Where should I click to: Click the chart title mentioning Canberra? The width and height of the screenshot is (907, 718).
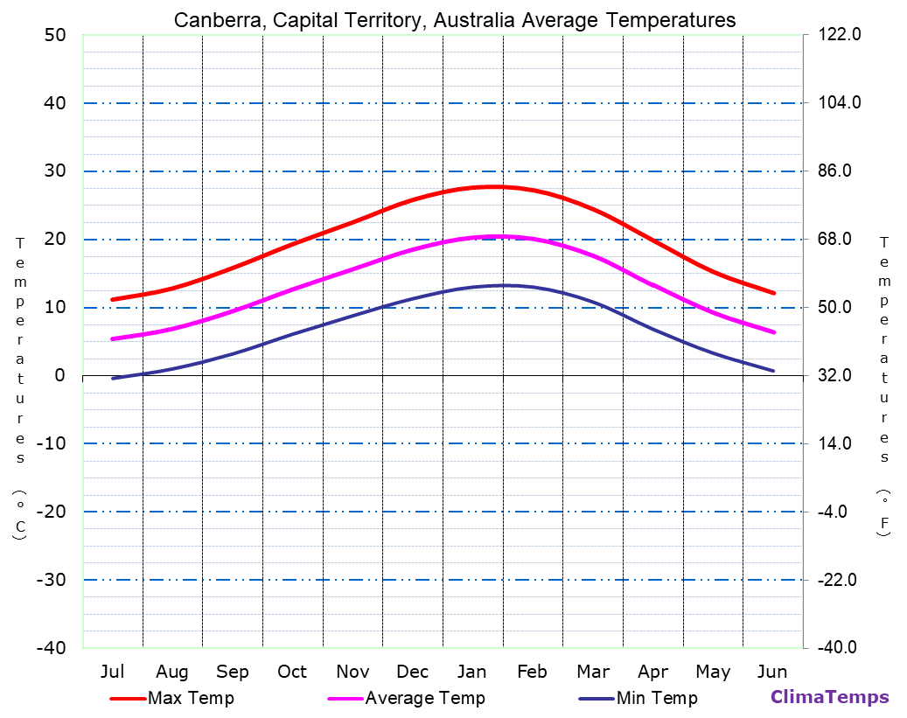click(x=454, y=20)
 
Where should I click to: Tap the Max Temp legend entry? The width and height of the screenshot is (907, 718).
click(x=191, y=698)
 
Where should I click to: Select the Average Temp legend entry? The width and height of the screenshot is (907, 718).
click(x=424, y=698)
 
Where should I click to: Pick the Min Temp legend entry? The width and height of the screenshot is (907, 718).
click(x=657, y=698)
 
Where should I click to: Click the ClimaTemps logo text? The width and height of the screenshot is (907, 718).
click(x=829, y=697)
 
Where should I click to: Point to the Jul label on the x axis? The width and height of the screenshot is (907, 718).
click(x=112, y=672)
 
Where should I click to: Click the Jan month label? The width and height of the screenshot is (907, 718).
click(x=472, y=672)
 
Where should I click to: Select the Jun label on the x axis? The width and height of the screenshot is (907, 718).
click(x=772, y=672)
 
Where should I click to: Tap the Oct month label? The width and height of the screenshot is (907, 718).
click(x=292, y=672)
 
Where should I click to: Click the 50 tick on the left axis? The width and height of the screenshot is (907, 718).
click(x=54, y=35)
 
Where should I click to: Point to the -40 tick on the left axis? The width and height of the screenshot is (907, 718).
click(x=49, y=647)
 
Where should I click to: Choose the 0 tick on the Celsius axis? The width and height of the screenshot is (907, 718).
click(x=59, y=375)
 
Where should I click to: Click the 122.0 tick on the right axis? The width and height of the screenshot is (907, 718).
click(x=841, y=35)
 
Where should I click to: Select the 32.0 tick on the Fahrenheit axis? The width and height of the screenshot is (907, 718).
click(x=841, y=375)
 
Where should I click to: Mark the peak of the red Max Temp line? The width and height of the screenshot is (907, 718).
click(x=495, y=186)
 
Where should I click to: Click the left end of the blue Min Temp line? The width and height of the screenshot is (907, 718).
click(x=113, y=378)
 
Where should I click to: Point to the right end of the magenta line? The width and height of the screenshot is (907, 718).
click(x=774, y=332)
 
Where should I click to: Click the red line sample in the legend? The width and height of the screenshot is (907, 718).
click(x=127, y=699)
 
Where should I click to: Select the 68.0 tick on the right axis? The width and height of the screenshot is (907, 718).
click(x=841, y=239)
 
